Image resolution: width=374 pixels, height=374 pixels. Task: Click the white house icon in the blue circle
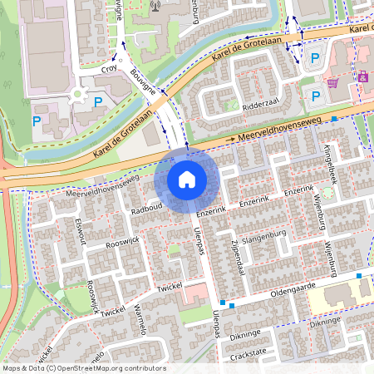pyautogui.click(x=187, y=180)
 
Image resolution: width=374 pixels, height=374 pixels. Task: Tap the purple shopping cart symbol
pyautogui.click(x=332, y=82)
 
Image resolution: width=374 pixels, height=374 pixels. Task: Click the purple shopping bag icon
pyautogui.click(x=363, y=76)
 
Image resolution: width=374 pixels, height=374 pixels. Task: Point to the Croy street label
pyautogui.click(x=109, y=71)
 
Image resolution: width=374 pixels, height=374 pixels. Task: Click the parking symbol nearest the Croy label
pyautogui.click(x=99, y=102)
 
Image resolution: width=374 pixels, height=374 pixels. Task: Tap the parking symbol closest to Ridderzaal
pyautogui.click(x=315, y=96)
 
